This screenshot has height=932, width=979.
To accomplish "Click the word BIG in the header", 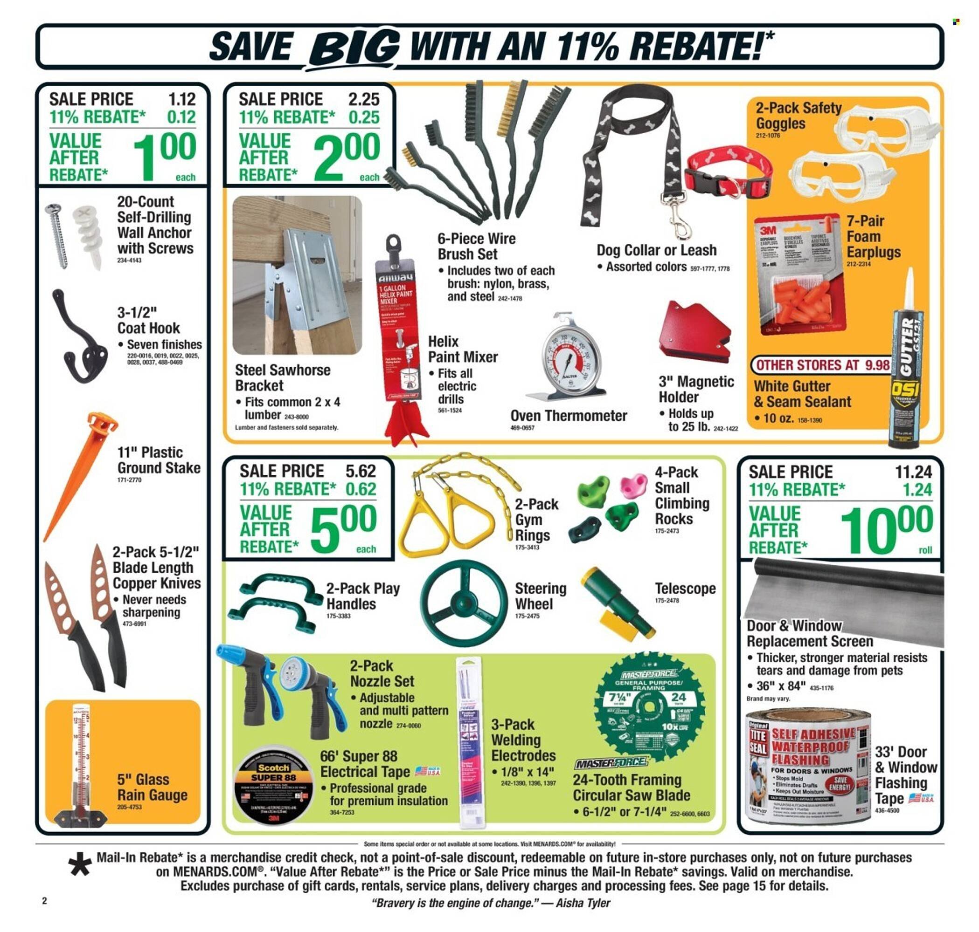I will [x=354, y=47].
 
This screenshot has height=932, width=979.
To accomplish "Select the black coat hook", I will [x=80, y=343].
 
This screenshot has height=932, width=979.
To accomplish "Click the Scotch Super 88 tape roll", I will [x=273, y=790].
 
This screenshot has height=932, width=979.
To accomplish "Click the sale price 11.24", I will [x=913, y=472].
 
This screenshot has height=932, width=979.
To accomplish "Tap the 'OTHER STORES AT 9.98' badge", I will [x=821, y=365].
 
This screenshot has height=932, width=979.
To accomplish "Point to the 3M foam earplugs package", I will [x=798, y=278].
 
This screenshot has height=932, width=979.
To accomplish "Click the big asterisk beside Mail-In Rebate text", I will [x=81, y=865].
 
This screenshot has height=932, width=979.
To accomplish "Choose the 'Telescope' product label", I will [x=685, y=589].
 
